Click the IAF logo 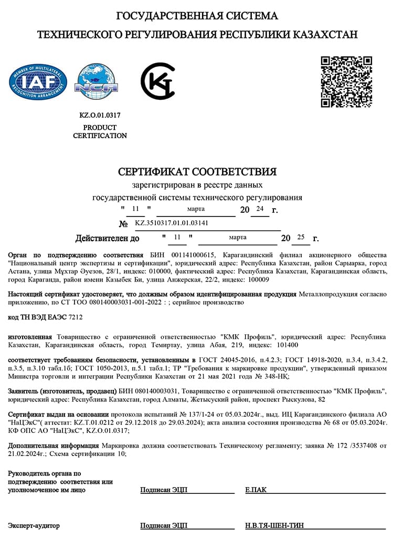(x=38, y=82)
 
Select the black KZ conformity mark (x=158, y=80)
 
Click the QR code (x=346, y=81)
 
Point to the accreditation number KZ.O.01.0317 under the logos (x=100, y=115)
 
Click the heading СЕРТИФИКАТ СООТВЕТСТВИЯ (x=197, y=172)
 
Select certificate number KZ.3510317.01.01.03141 (x=172, y=223)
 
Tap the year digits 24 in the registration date (x=259, y=209)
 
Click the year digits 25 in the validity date (x=301, y=237)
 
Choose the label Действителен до (x=108, y=239)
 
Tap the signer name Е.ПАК (x=256, y=490)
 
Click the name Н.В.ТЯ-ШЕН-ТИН (x=274, y=525)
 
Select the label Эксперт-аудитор (x=34, y=525)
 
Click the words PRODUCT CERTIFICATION (x=100, y=131)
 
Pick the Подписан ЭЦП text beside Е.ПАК (x=164, y=490)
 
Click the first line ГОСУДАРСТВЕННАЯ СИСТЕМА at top (x=197, y=16)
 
